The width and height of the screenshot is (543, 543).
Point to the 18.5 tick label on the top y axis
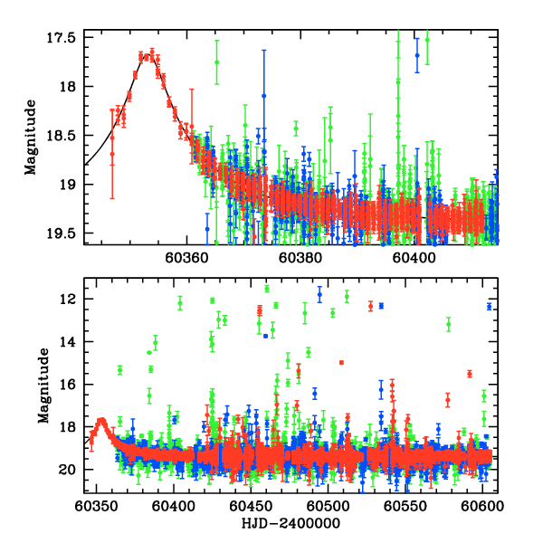click(68, 136)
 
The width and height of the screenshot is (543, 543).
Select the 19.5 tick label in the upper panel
click(68, 233)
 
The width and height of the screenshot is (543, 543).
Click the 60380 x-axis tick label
click(300, 257)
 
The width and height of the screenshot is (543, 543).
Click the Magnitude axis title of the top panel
click(32, 137)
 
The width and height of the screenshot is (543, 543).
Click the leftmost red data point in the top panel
click(112, 154)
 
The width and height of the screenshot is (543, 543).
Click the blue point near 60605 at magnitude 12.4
click(490, 307)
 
